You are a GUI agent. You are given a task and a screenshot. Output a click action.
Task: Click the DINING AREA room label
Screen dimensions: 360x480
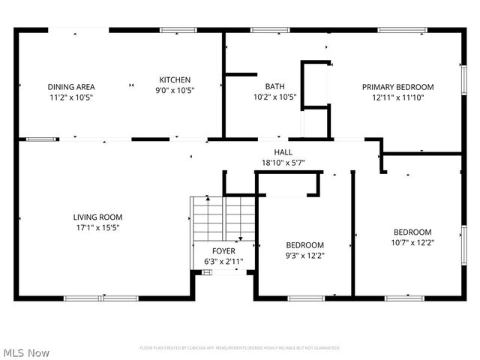click(71, 87)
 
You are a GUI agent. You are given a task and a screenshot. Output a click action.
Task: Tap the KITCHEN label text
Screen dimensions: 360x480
click(175, 79)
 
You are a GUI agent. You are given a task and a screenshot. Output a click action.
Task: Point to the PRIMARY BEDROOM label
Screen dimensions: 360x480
click(397, 87)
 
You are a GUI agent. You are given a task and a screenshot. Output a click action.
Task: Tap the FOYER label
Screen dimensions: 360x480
click(223, 251)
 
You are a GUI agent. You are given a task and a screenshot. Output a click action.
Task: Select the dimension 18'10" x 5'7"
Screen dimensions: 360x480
click(283, 162)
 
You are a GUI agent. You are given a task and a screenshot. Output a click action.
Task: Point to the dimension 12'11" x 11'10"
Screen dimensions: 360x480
click(397, 97)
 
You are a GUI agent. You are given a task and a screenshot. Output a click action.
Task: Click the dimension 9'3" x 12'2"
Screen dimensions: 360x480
click(305, 255)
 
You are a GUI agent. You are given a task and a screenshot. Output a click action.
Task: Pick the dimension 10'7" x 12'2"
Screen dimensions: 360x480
click(412, 242)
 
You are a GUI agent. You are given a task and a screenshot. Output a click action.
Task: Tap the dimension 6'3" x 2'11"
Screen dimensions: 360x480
click(223, 261)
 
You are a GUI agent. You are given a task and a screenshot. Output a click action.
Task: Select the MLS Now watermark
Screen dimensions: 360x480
click(26, 352)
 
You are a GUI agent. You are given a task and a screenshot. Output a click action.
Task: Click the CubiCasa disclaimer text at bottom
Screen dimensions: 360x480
click(239, 348)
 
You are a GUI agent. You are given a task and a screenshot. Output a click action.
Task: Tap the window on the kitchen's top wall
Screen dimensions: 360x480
click(178, 30)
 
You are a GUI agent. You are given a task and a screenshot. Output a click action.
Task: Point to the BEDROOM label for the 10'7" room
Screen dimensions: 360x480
click(412, 232)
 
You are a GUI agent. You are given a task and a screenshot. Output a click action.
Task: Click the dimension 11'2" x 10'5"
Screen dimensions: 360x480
click(71, 97)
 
